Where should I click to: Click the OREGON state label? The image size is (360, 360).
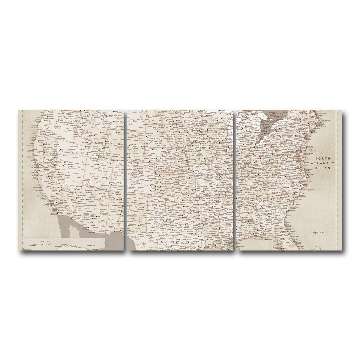(57, 127)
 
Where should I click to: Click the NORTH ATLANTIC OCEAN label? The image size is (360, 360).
(322, 163)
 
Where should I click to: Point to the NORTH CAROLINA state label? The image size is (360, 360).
(306, 190)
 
